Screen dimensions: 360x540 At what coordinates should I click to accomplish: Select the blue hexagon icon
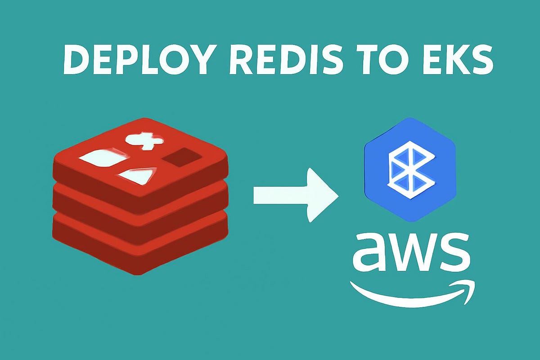coord(409,169)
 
